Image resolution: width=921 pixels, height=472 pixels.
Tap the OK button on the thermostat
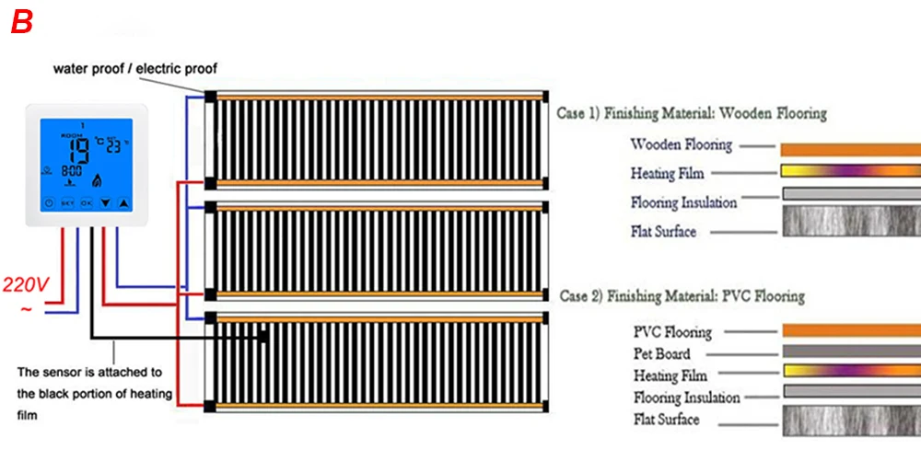pos(86,202)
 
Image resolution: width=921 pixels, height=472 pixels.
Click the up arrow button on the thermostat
pos(124,202)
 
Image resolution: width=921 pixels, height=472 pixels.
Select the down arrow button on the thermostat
pos(105,202)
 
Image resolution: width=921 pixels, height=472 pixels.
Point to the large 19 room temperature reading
pos(81,150)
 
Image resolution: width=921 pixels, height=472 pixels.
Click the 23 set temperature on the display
pos(112,146)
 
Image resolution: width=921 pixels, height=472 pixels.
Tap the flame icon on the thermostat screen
pos(98,173)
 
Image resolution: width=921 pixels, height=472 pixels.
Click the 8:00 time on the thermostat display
pos(71,171)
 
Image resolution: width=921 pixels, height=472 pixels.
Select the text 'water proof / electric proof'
pos(134,68)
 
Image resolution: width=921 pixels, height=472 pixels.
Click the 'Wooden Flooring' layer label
pos(682,144)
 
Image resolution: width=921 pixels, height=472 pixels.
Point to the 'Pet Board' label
pos(661,353)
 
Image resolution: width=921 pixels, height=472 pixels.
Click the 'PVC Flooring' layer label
pos(672,332)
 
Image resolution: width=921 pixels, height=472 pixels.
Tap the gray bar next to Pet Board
pos(851,351)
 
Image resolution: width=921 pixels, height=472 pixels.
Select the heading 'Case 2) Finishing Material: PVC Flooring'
pos(682,296)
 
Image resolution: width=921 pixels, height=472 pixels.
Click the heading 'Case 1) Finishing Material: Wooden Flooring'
pos(692,114)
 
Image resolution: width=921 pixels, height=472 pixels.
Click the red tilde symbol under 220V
pos(25,309)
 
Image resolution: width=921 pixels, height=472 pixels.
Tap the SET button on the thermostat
pos(66,202)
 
